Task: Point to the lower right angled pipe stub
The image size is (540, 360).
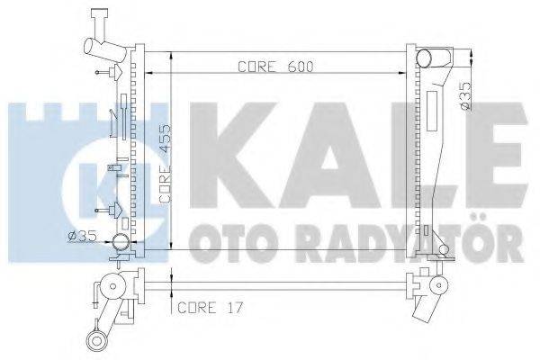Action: tap(424, 315)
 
